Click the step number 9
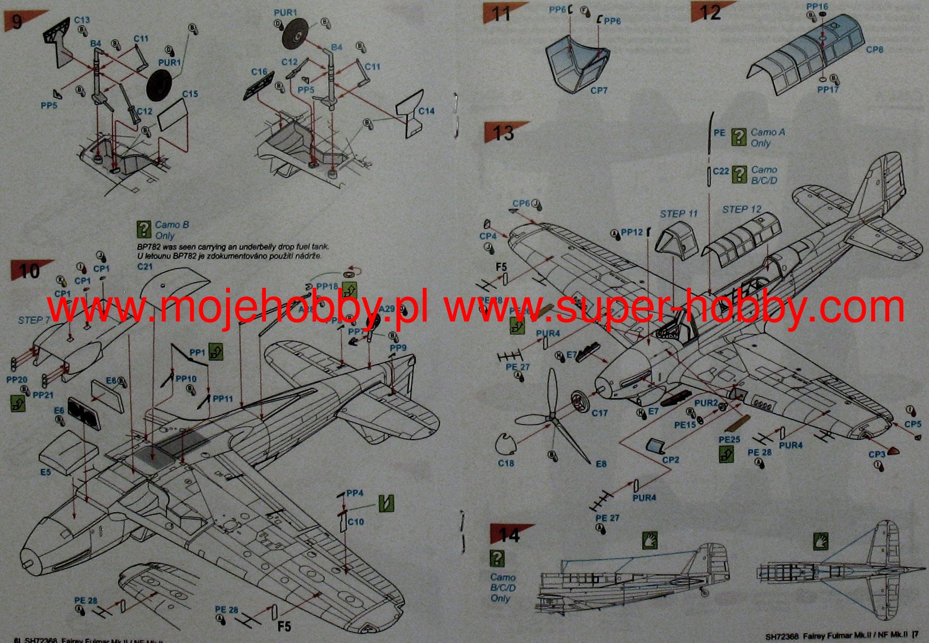pos(17,22)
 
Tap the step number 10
pos(29,271)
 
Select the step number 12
pos(709,13)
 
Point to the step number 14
pos(509,535)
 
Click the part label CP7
pos(598,90)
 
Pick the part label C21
pos(145,266)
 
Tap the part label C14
pos(426,111)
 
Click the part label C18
pos(506,463)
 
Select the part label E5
pos(45,472)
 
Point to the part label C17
pos(599,413)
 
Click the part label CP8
pos(874,50)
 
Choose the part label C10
pos(355,521)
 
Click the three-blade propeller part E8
pos(551,417)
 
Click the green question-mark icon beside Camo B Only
pos(143,229)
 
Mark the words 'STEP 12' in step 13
pos(742,210)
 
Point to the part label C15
pos(190,94)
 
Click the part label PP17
pos(828,89)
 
